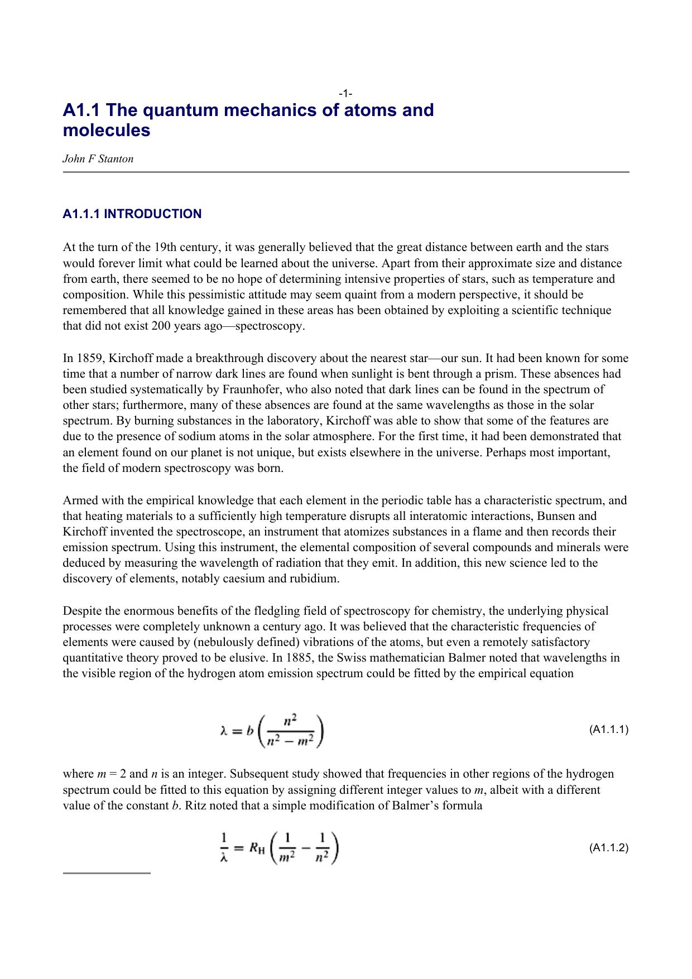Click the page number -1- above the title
[345, 93]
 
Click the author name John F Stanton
[98, 159]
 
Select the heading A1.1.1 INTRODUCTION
[132, 214]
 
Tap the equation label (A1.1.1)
[609, 730]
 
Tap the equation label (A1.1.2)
[609, 848]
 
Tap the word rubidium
[313, 578]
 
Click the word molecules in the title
[107, 131]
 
